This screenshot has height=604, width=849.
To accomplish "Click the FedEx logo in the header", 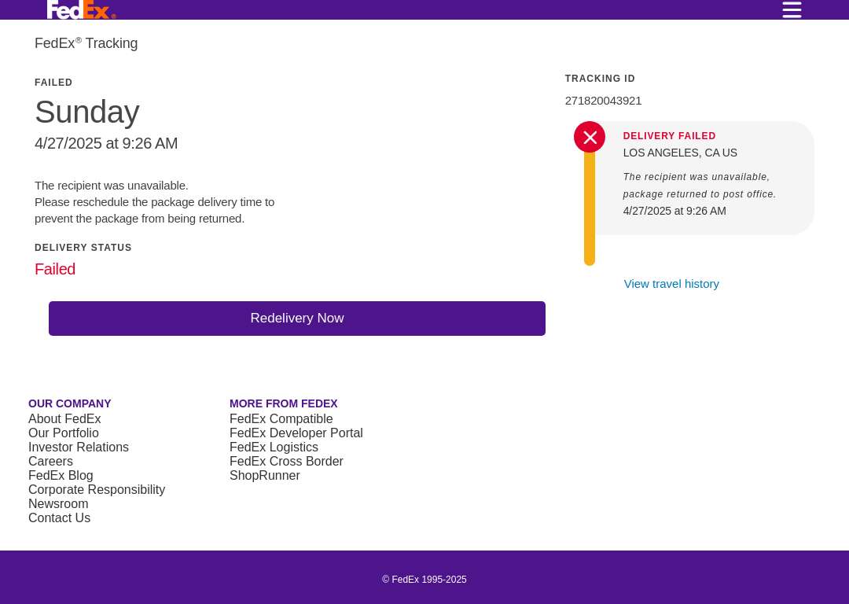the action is [81, 9].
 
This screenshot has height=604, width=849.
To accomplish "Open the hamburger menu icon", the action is [792, 9].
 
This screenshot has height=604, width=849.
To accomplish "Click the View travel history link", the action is [671, 284].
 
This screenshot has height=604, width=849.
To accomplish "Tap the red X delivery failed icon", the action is [590, 137].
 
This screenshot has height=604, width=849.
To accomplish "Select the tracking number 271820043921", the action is [603, 101].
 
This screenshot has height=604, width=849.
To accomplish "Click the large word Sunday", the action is [87, 112].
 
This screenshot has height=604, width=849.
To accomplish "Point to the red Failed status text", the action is [55, 269].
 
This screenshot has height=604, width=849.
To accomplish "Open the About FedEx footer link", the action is [64, 418].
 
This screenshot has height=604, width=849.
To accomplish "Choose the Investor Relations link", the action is [79, 447].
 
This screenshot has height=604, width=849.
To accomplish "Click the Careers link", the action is [50, 461].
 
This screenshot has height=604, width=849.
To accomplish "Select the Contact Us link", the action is [59, 517].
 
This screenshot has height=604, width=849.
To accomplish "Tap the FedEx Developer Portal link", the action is [296, 433].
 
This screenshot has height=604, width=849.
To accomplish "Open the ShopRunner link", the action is [265, 475].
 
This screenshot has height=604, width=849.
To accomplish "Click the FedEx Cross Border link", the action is [286, 461].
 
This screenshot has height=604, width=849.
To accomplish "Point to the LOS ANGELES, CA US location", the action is [680, 153].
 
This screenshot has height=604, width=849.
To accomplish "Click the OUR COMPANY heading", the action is [70, 403].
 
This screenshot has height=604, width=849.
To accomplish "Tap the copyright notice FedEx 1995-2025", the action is [424, 580].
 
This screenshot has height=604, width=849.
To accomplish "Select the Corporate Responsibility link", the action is [97, 490].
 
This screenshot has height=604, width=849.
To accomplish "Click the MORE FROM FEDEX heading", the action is [284, 403].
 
